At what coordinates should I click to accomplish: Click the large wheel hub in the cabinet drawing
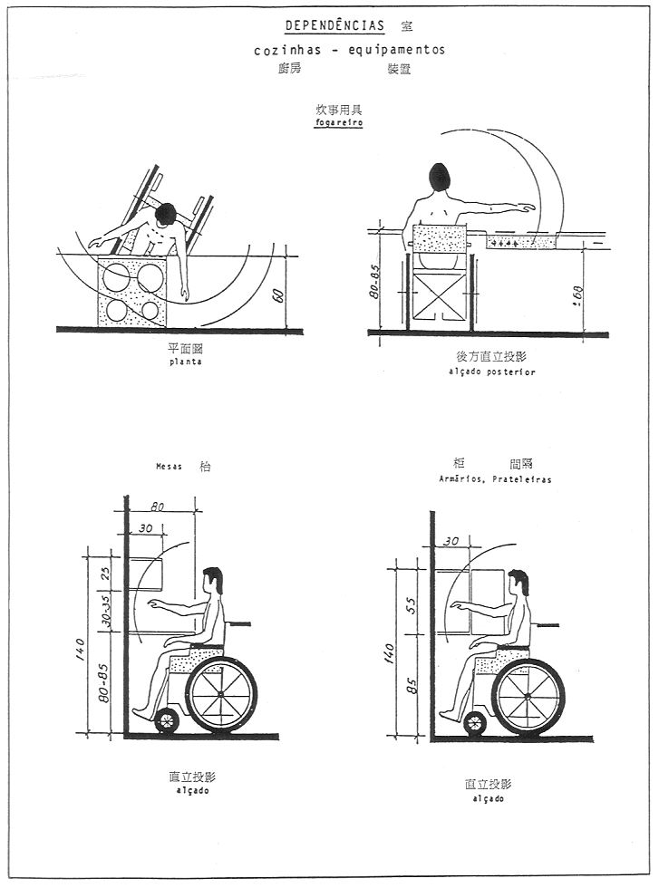[528, 695]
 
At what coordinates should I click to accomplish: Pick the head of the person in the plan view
[166, 215]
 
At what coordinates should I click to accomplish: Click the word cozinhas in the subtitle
[287, 51]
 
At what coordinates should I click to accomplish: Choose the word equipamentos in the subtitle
[399, 51]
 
